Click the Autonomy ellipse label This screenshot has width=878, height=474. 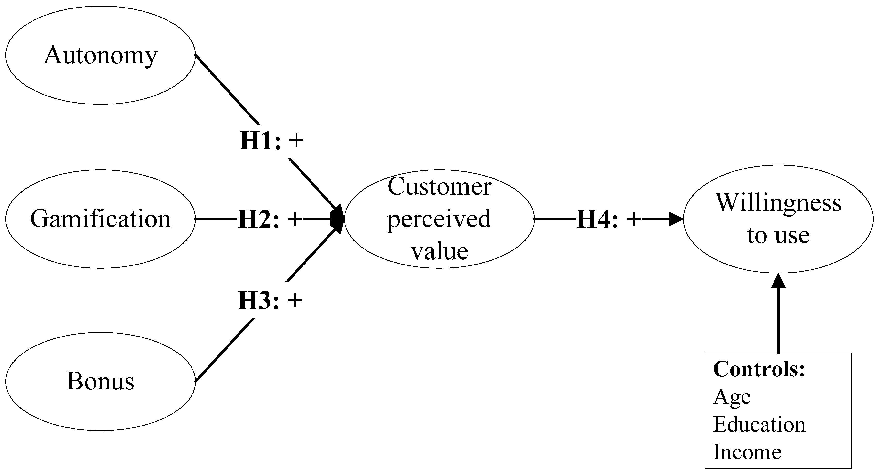(x=101, y=55)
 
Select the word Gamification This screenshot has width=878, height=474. (x=101, y=219)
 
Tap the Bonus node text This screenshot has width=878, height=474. (x=101, y=381)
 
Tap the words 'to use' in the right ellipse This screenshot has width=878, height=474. (x=778, y=235)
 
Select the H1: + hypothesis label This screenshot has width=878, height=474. (x=272, y=141)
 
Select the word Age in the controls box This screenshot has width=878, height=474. (x=732, y=397)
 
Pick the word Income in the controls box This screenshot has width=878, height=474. (x=747, y=452)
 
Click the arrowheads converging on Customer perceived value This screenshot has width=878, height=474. (x=337, y=219)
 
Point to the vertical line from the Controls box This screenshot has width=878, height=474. (x=778, y=321)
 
